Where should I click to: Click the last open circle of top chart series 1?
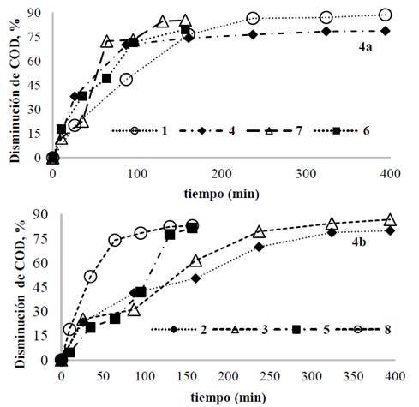tap(385, 15)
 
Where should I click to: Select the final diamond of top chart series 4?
tap(386, 30)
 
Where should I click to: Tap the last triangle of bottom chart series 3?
tap(390, 220)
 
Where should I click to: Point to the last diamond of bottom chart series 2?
tap(390, 230)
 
